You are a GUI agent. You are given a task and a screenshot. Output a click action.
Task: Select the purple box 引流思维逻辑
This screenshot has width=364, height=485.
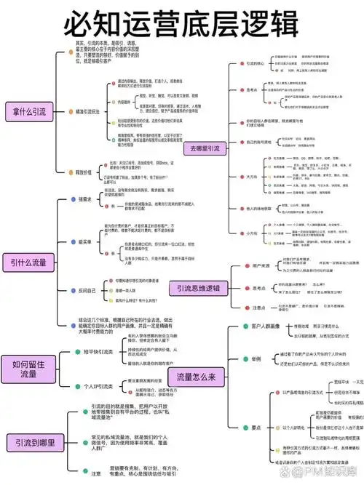[x=201, y=288]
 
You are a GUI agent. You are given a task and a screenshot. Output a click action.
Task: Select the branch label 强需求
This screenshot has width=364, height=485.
[x=86, y=199]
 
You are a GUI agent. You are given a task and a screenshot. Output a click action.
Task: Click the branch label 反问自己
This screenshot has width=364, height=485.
[x=87, y=290]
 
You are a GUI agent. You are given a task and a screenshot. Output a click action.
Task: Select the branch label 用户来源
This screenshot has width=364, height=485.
[x=260, y=265]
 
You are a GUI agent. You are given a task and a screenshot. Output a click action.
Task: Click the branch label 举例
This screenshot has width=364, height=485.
[x=256, y=358]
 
